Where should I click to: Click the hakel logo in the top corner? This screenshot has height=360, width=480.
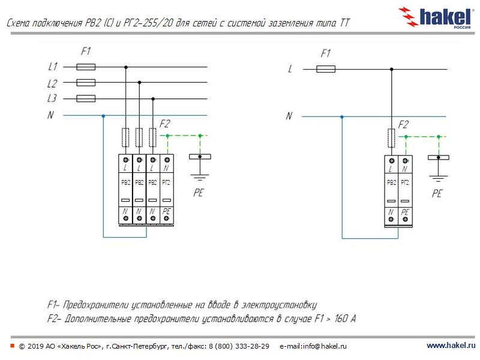click(x=439, y=17)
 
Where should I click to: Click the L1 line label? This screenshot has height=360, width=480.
click(x=53, y=67)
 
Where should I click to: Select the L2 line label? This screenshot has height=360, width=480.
click(x=53, y=83)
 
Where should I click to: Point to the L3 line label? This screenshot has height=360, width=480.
click(x=53, y=98)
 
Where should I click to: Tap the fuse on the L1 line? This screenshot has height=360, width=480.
click(x=86, y=67)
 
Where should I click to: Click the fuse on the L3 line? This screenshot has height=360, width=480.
click(x=86, y=98)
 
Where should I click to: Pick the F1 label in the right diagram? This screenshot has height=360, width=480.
click(x=326, y=54)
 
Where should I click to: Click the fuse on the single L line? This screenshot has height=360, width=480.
click(x=325, y=70)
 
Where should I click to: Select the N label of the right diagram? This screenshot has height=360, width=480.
click(x=289, y=116)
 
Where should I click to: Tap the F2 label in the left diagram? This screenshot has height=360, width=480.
click(x=164, y=124)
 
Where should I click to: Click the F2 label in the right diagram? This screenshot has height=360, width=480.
click(x=403, y=125)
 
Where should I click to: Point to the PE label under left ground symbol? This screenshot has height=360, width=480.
click(x=199, y=193)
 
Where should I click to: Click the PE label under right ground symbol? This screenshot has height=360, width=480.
click(x=437, y=194)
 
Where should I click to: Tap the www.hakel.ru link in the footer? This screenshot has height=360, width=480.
click(x=450, y=346)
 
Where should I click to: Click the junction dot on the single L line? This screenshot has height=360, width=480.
click(x=392, y=70)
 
